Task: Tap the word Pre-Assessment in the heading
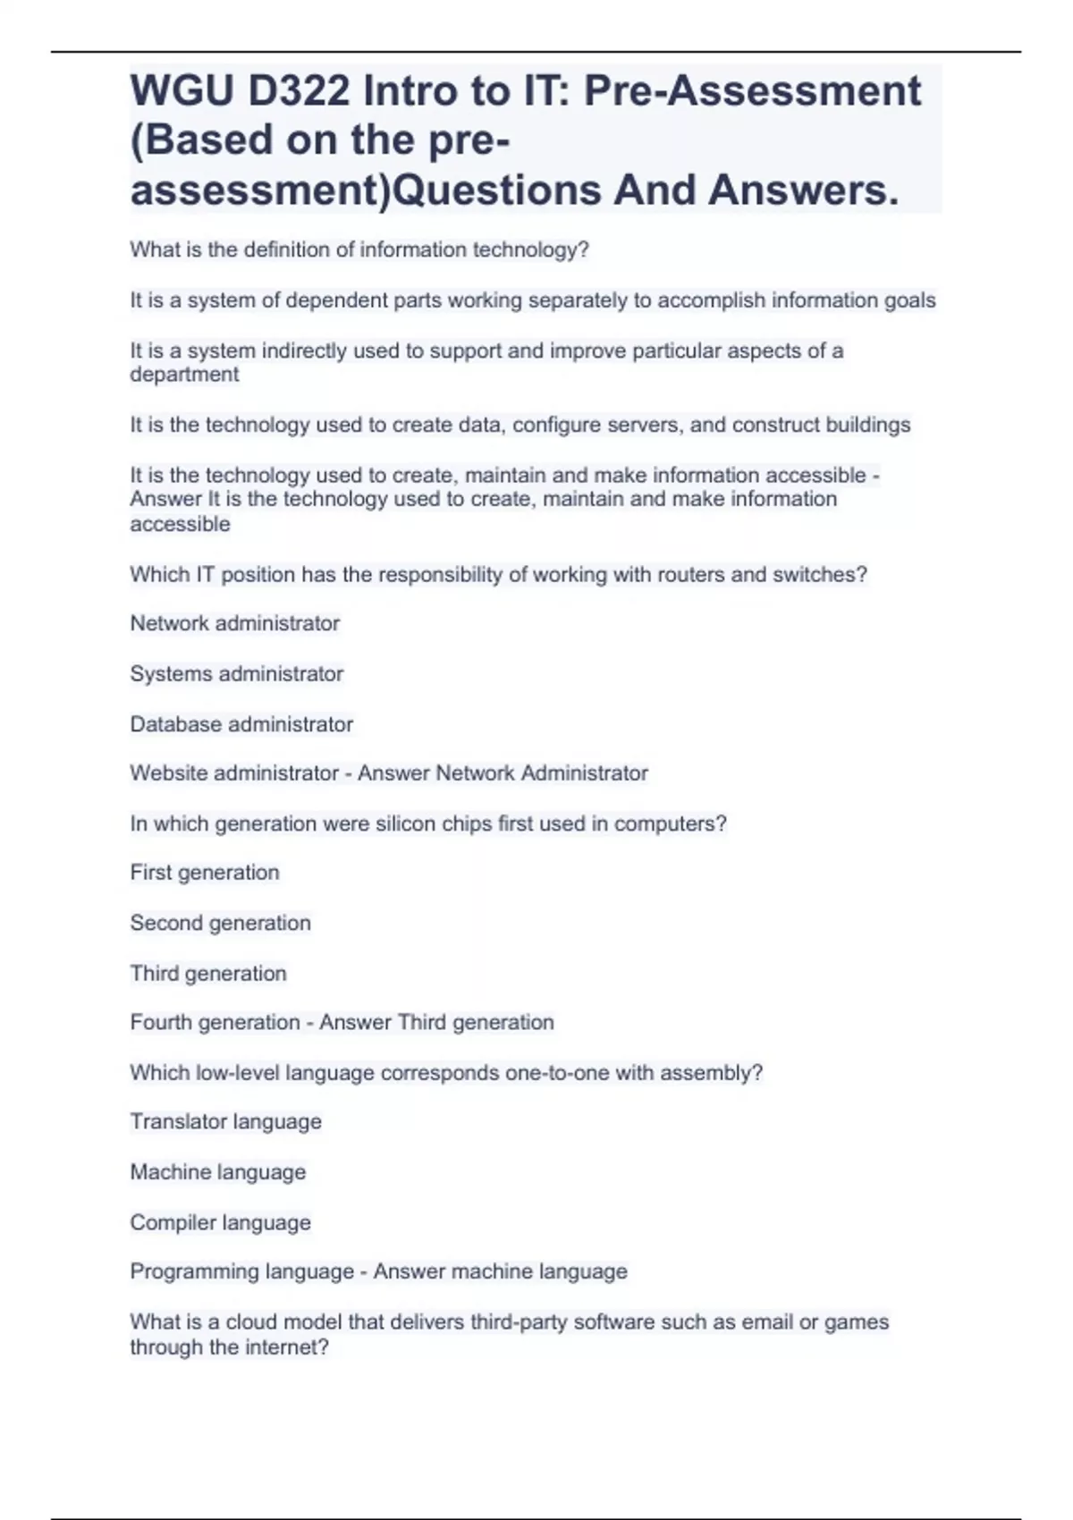click(752, 91)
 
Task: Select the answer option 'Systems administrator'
click(236, 674)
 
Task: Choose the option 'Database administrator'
click(241, 724)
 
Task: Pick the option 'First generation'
click(205, 873)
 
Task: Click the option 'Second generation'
click(220, 923)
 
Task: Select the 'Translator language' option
click(225, 1122)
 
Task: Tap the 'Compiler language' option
click(220, 1222)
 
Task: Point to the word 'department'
click(184, 375)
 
